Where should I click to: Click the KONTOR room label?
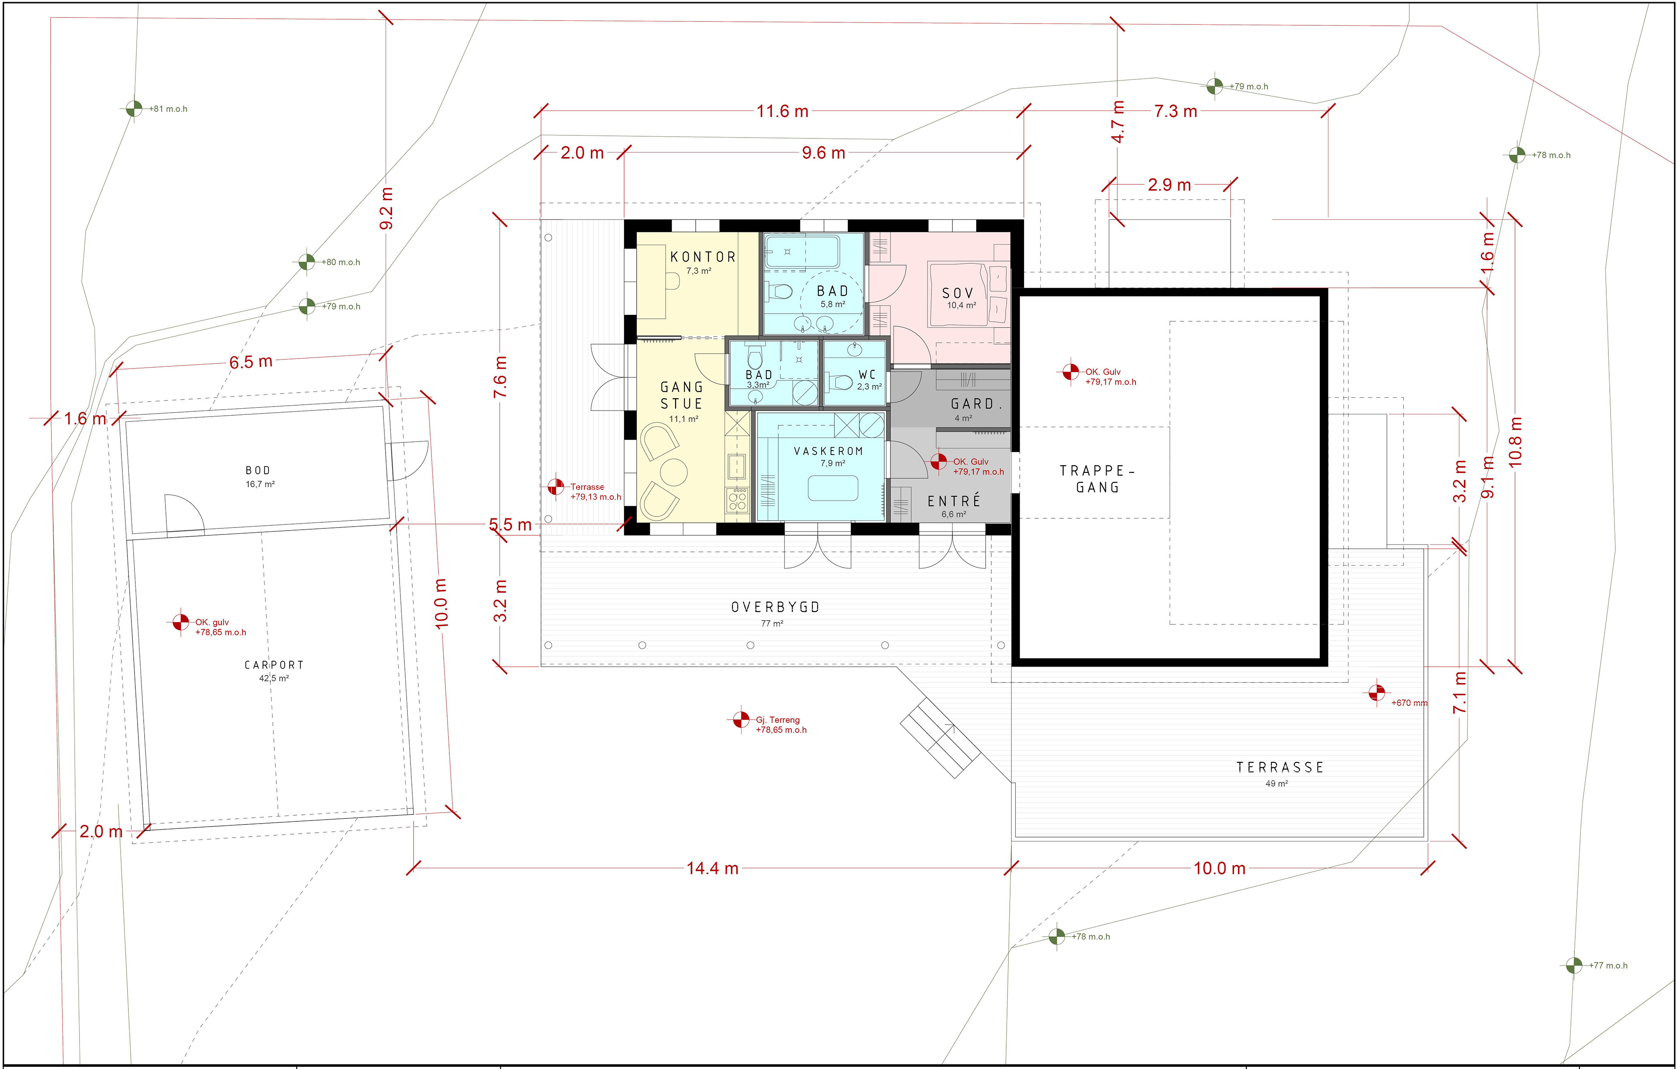point(703,257)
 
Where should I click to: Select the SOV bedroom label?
point(958,293)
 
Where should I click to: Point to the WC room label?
point(867,375)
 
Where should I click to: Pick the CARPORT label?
point(274,665)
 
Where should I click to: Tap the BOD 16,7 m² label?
point(259,476)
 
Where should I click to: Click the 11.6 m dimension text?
point(783,111)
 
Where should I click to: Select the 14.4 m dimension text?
point(712,869)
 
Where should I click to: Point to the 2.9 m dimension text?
point(1169,185)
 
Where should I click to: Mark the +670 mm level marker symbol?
point(1376,693)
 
